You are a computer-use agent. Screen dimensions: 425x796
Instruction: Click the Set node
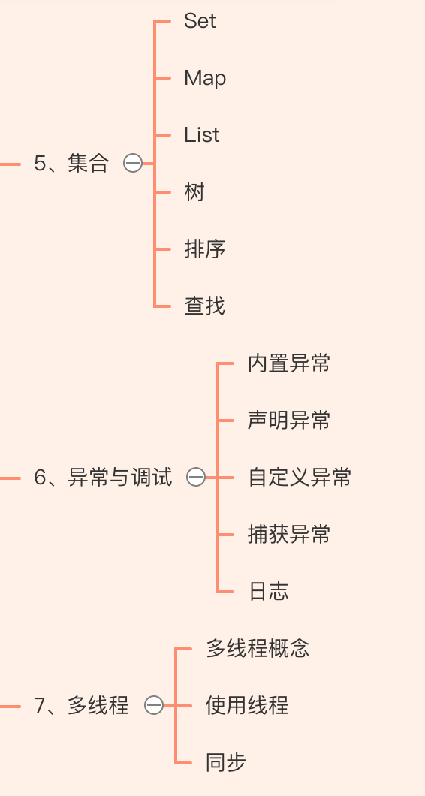click(200, 21)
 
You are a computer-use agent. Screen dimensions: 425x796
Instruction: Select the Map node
click(205, 78)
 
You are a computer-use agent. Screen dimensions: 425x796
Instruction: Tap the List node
click(201, 135)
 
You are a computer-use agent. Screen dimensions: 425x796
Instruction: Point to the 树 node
click(194, 192)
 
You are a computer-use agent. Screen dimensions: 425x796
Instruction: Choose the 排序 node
click(205, 249)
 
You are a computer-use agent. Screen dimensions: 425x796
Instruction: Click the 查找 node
click(205, 306)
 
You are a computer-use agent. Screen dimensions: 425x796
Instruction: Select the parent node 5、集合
click(71, 164)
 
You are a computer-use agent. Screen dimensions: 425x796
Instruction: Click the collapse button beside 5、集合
click(133, 164)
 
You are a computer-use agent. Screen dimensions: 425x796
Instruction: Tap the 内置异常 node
click(289, 363)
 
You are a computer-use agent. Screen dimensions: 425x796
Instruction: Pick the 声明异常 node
click(289, 421)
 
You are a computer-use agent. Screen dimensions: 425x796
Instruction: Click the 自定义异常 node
click(300, 478)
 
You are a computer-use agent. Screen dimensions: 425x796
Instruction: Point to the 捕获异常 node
click(289, 535)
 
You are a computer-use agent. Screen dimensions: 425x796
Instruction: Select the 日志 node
click(269, 592)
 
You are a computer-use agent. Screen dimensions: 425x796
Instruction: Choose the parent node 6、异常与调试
click(103, 478)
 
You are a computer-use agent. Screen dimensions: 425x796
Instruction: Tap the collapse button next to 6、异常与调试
click(196, 478)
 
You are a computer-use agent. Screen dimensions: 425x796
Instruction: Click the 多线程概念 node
click(258, 649)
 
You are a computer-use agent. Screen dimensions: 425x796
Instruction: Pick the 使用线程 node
click(247, 706)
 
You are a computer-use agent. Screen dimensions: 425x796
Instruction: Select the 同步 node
click(226, 762)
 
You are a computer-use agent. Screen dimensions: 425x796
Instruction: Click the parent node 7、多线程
click(82, 706)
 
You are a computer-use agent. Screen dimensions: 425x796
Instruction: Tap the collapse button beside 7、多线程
click(154, 706)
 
